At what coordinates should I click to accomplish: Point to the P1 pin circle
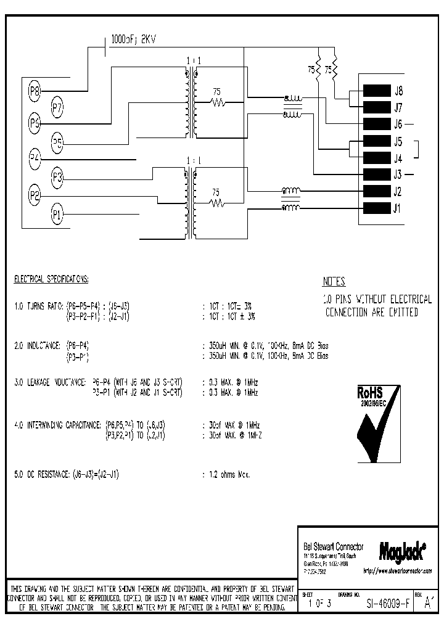pyautogui.click(x=57, y=215)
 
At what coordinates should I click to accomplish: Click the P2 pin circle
pyautogui.click(x=35, y=197)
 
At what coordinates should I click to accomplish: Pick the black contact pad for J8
pyautogui.click(x=376, y=90)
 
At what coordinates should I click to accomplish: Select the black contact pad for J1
pyautogui.click(x=376, y=208)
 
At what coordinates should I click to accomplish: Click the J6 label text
pyautogui.click(x=398, y=123)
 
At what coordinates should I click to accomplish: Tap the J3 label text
pyautogui.click(x=398, y=174)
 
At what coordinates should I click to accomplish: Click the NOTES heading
pyautogui.click(x=334, y=282)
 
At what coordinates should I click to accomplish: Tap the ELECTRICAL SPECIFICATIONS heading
pyautogui.click(x=51, y=279)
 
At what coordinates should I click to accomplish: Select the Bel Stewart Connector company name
pyautogui.click(x=334, y=547)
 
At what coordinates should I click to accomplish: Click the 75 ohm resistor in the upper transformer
pyautogui.click(x=216, y=102)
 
